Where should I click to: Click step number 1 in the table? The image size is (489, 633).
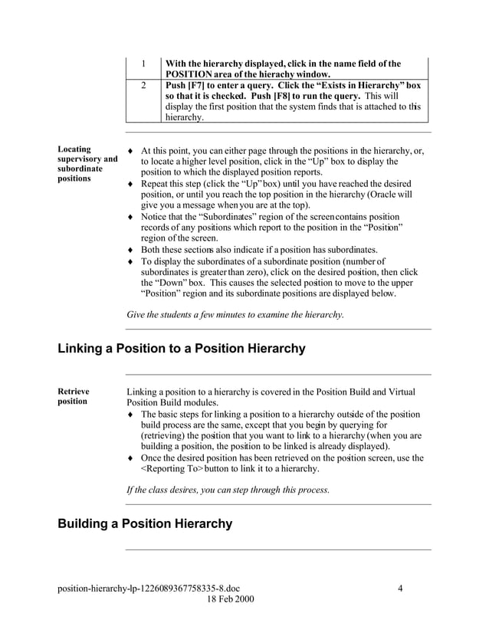coord(143,64)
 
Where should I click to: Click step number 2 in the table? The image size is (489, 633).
coord(143,85)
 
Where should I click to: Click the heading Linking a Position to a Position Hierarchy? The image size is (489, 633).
coord(182,349)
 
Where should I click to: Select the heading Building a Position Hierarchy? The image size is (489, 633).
coord(145,524)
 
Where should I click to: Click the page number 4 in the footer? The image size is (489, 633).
coord(401,589)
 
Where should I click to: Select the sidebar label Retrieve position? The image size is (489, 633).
coord(74,396)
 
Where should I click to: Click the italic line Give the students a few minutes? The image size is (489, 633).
coord(235,314)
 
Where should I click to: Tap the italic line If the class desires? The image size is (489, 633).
coord(227,489)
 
